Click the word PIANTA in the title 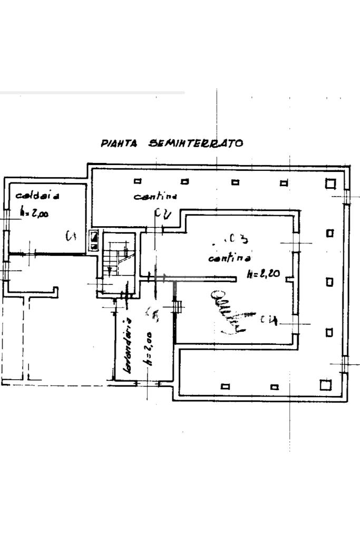[x=119, y=143]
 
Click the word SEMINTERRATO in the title [x=196, y=143]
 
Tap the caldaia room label [x=37, y=196]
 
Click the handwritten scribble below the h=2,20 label [x=228, y=314]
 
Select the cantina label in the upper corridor [x=155, y=197]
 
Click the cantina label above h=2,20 [x=229, y=258]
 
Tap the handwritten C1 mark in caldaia [x=71, y=236]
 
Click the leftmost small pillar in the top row [x=138, y=181]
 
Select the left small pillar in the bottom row [x=226, y=386]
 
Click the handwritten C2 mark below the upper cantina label [x=162, y=214]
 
